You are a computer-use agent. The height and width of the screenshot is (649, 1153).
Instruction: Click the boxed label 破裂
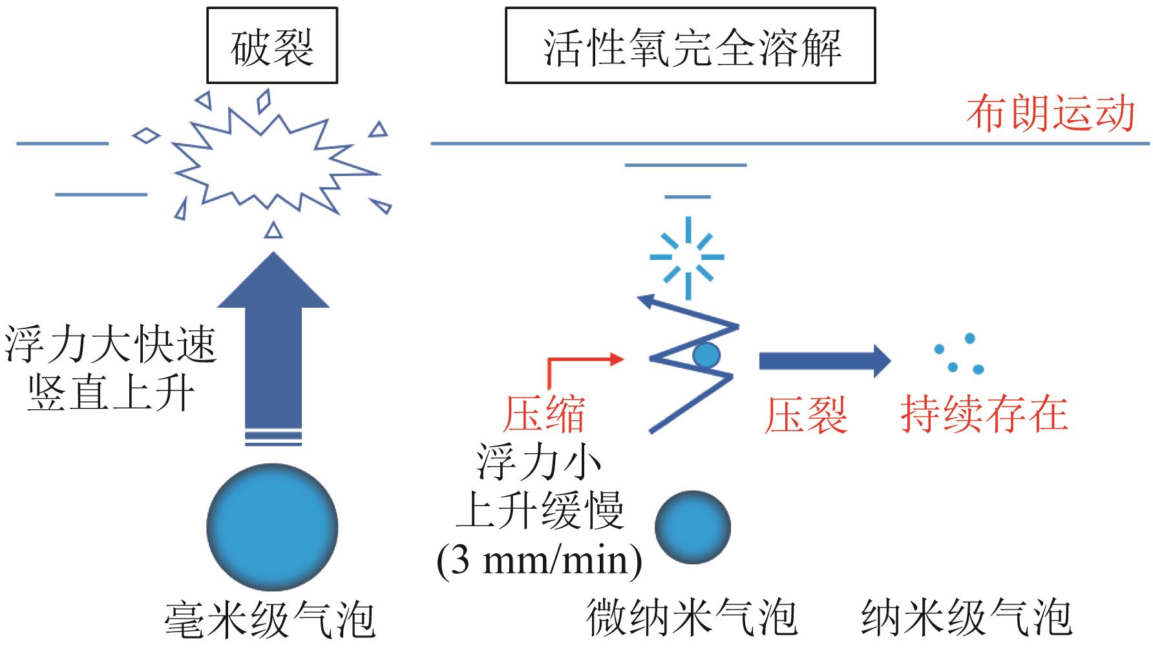click(272, 46)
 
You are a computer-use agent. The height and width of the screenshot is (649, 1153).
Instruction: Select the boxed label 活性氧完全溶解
click(690, 46)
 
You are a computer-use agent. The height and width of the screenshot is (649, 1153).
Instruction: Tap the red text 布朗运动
click(1051, 114)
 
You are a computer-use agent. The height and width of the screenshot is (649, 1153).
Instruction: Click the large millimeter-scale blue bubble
click(272, 527)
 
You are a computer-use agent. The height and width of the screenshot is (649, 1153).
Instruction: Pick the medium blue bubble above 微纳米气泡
click(693, 527)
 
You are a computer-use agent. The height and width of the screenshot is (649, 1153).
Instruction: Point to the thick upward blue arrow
click(273, 343)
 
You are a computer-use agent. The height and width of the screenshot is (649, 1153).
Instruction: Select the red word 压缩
click(544, 414)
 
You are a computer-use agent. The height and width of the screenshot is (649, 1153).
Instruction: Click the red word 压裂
click(805, 414)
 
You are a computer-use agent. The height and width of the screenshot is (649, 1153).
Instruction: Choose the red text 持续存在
click(984, 414)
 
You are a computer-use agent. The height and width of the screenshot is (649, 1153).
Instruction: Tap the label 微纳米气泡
click(692, 618)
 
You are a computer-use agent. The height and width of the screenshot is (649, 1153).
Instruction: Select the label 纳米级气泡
click(967, 618)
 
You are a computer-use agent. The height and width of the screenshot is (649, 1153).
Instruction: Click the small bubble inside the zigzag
click(706, 354)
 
